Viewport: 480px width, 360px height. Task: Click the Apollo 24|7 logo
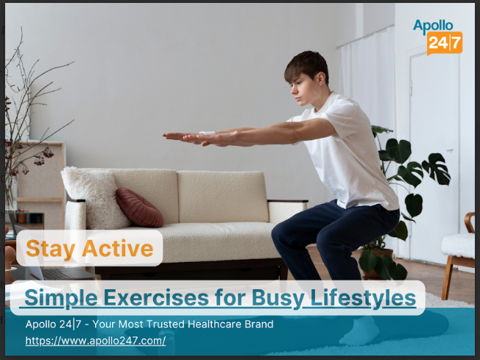click(437, 38)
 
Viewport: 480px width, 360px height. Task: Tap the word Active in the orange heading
click(118, 248)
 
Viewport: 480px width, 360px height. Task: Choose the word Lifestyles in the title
click(363, 297)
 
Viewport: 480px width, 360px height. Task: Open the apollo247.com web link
click(96, 341)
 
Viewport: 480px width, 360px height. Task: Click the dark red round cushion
click(139, 208)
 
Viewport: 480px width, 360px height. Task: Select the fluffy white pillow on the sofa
click(94, 197)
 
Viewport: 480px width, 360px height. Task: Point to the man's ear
click(321, 79)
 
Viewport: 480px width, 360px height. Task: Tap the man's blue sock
click(361, 331)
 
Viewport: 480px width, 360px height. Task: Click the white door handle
click(450, 151)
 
